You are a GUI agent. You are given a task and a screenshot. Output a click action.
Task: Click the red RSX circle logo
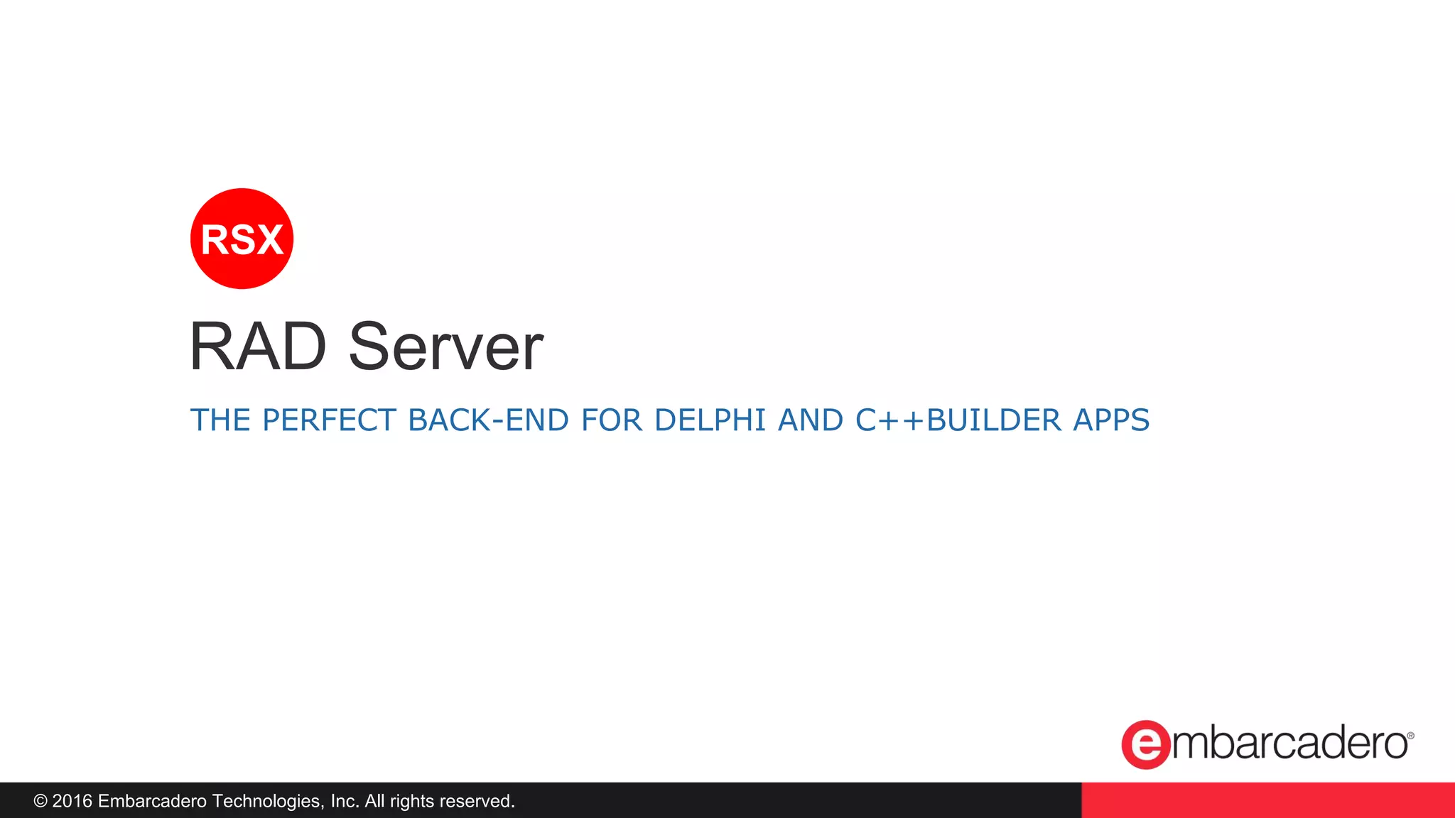coord(242,239)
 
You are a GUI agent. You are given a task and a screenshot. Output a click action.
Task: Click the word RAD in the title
coord(257,347)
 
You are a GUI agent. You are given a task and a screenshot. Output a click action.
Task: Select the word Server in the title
coord(445,347)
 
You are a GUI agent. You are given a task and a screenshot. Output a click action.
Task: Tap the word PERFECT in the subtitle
coord(328,420)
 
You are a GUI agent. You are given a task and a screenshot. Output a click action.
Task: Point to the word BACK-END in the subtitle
coord(488,420)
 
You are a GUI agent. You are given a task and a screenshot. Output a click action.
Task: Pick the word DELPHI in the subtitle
coord(710,420)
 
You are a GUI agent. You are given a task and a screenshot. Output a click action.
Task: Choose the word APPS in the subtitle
coord(1111,420)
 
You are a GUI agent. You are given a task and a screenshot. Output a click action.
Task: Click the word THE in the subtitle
coord(220,420)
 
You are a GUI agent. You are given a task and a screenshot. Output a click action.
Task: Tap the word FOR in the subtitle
coord(612,420)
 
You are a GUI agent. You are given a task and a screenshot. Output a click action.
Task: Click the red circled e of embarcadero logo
coord(1145,744)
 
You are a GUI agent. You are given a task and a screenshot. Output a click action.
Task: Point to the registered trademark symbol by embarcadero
coord(1410,736)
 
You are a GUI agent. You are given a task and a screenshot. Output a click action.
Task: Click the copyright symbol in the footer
coord(40,801)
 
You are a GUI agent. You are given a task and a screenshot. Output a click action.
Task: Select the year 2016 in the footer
coord(72,801)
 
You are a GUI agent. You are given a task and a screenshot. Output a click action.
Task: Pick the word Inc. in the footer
coord(345,801)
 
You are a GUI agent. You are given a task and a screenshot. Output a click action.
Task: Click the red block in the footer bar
coord(1267,800)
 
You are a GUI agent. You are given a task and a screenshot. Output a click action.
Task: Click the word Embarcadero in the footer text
coord(152,801)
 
